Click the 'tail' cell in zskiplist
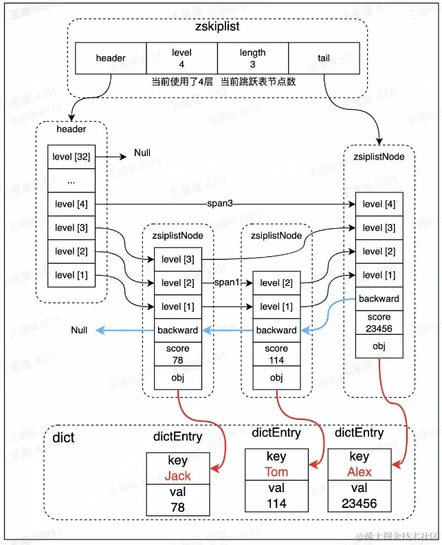tap(323, 58)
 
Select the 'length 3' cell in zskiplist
tap(253, 58)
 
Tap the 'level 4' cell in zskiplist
tap(181, 58)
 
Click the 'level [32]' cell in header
tap(71, 157)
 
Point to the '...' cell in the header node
tap(71, 181)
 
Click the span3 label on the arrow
tap(221, 204)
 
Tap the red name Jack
tap(177, 476)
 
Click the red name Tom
tap(276, 471)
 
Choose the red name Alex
tap(359, 471)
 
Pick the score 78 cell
tap(177, 353)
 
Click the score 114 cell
tap(276, 353)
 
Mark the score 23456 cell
tap(379, 322)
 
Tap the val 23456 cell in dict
tap(359, 496)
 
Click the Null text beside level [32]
tap(142, 153)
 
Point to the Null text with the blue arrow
tap(80, 331)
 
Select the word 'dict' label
tap(63, 437)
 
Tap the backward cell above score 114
tap(276, 330)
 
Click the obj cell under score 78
tap(177, 377)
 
